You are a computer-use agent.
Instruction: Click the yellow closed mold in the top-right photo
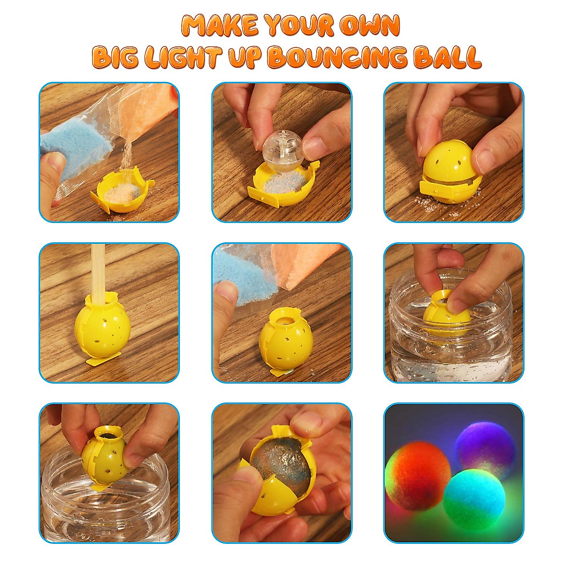[450, 175]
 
